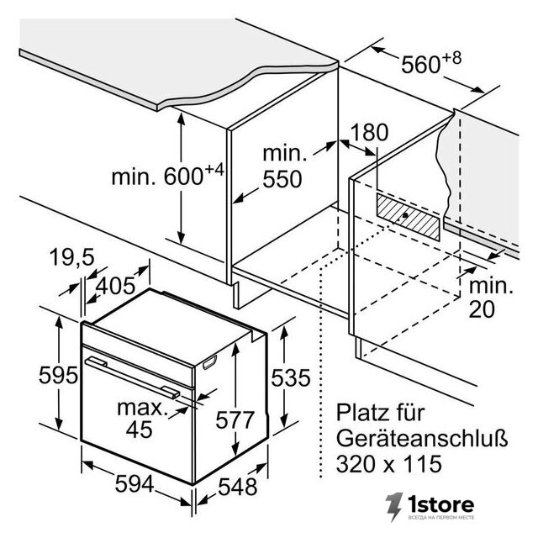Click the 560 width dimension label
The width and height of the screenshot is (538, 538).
click(x=431, y=63)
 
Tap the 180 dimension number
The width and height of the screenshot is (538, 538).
click(x=369, y=132)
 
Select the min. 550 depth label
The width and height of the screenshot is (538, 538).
click(x=284, y=166)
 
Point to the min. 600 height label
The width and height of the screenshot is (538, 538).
click(x=167, y=176)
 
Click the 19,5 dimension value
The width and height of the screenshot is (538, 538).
click(x=71, y=256)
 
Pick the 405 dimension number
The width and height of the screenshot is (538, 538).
click(x=115, y=286)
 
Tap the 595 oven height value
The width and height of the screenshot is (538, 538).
click(x=58, y=375)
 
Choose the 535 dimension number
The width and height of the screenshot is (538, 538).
click(x=291, y=377)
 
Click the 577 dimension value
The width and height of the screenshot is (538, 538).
click(x=235, y=419)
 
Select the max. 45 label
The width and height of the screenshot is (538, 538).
click(x=140, y=419)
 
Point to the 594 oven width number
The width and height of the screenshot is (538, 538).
click(x=134, y=484)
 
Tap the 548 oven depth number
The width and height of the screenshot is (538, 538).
click(x=238, y=486)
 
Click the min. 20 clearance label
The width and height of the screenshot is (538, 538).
click(x=491, y=298)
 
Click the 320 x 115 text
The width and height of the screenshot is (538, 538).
click(x=389, y=464)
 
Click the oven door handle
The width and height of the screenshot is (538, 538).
click(x=133, y=377)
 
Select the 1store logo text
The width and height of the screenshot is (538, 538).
click(x=440, y=504)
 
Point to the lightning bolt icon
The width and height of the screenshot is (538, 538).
click(x=393, y=506)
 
